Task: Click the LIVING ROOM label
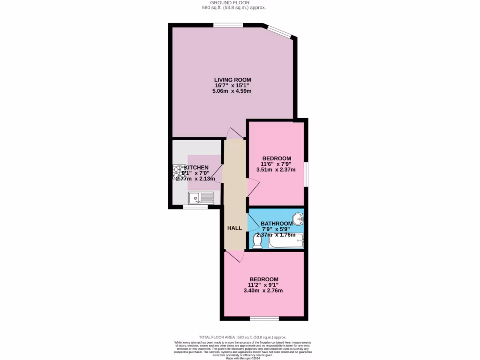(232, 80)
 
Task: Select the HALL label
(234, 228)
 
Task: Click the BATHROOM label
(276, 224)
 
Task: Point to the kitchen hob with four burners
(179, 172)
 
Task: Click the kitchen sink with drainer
(201, 198)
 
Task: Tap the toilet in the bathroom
(257, 241)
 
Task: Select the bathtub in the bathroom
(286, 242)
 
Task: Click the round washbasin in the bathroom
(297, 219)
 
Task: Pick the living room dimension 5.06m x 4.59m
(232, 91)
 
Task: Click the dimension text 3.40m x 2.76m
(263, 290)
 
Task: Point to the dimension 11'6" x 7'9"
(277, 164)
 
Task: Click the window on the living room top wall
(228, 25)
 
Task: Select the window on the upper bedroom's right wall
(306, 174)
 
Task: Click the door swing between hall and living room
(234, 133)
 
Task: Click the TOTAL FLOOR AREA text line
(242, 337)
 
